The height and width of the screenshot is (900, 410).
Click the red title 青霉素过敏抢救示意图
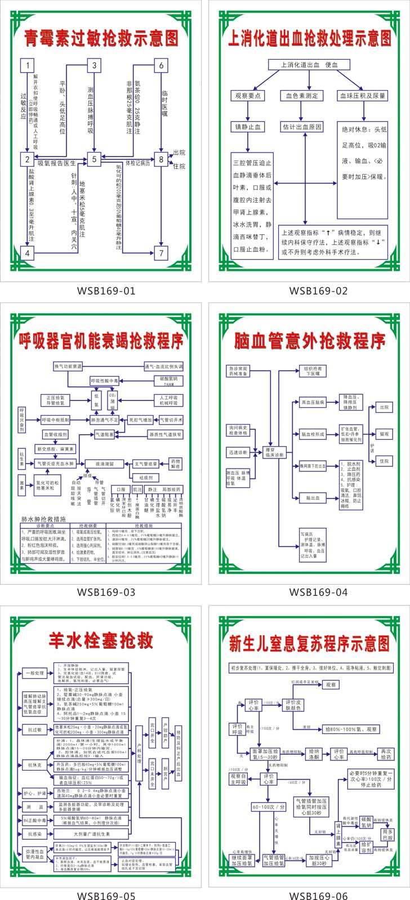point(102,38)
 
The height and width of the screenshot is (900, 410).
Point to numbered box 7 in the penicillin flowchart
point(161,253)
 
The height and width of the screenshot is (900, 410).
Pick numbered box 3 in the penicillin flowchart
point(94,65)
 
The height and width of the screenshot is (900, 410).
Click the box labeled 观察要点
point(247,96)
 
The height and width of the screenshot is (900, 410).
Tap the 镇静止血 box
point(247,127)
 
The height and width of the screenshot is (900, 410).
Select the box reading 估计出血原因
point(302,127)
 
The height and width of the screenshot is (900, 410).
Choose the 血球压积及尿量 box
point(363,96)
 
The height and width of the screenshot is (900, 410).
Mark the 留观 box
point(384,434)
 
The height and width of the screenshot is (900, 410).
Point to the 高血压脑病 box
point(313,403)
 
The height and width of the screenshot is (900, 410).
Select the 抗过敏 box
point(35,730)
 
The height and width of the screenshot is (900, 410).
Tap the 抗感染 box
point(35,834)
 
